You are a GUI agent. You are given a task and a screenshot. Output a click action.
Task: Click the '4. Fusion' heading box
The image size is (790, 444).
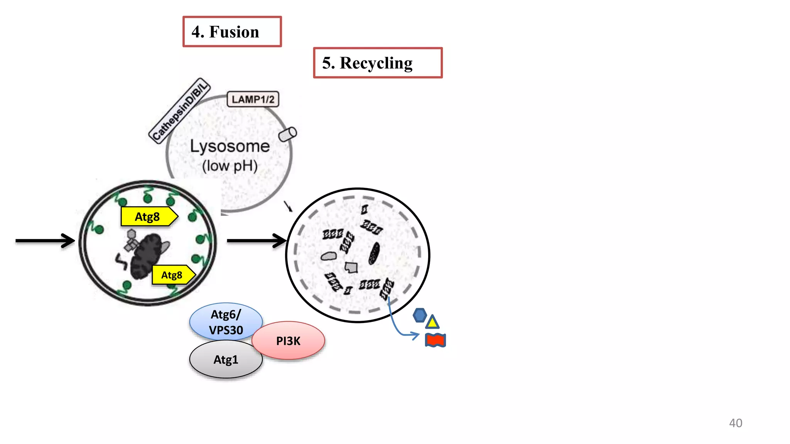(x=232, y=32)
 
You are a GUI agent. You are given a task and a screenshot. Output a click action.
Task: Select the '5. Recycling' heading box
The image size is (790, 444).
(x=377, y=63)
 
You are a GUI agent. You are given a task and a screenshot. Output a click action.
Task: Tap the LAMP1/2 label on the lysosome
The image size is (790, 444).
(x=253, y=99)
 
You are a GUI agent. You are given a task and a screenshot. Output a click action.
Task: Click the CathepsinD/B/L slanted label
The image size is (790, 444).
(x=179, y=111)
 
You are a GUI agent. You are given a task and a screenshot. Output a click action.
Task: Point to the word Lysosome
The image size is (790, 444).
(x=230, y=146)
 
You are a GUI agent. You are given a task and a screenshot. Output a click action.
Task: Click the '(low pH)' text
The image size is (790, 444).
(x=230, y=166)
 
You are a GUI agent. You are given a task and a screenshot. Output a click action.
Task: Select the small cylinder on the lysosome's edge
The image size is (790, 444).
(x=287, y=135)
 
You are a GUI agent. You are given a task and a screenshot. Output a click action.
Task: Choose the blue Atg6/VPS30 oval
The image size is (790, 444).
(x=226, y=322)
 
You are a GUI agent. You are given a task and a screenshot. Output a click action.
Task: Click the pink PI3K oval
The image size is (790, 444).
(x=288, y=341)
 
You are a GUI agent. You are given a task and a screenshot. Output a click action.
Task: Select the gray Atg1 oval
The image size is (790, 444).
(x=226, y=360)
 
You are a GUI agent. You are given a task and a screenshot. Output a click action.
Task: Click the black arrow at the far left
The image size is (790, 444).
(x=45, y=240)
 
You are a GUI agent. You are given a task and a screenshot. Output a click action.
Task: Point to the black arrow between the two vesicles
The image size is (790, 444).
(x=257, y=240)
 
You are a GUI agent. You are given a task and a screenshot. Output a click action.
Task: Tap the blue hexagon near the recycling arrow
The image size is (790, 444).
(x=419, y=315)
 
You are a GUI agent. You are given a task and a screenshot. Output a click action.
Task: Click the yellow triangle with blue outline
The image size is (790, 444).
(x=432, y=322)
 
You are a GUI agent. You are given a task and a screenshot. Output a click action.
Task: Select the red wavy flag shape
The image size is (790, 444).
(x=435, y=340)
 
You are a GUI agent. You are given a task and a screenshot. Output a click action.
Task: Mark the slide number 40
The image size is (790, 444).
(x=735, y=423)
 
